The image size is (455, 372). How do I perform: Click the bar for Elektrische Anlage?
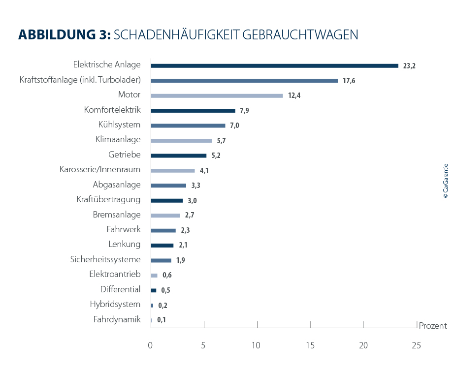(274, 65)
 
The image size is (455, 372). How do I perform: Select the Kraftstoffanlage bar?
(244, 81)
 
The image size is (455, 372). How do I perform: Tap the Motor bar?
(217, 95)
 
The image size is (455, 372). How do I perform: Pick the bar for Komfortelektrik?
(193, 111)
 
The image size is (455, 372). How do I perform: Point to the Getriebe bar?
(178, 155)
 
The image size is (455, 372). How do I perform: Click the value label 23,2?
(409, 66)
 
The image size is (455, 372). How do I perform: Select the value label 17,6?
(349, 81)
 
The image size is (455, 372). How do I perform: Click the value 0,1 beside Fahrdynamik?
(162, 320)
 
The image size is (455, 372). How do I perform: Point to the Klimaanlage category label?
(118, 140)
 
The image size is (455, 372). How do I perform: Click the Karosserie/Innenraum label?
(99, 170)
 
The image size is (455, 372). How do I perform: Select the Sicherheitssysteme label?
(105, 259)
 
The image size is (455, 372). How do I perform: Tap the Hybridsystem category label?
(115, 304)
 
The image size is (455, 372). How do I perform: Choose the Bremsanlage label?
(117, 215)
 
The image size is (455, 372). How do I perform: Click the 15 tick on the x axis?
(310, 345)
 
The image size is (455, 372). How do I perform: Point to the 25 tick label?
(416, 345)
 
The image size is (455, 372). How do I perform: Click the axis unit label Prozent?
(432, 326)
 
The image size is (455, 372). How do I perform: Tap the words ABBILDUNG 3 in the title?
(64, 35)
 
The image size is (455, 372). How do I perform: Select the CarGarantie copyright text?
(446, 181)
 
